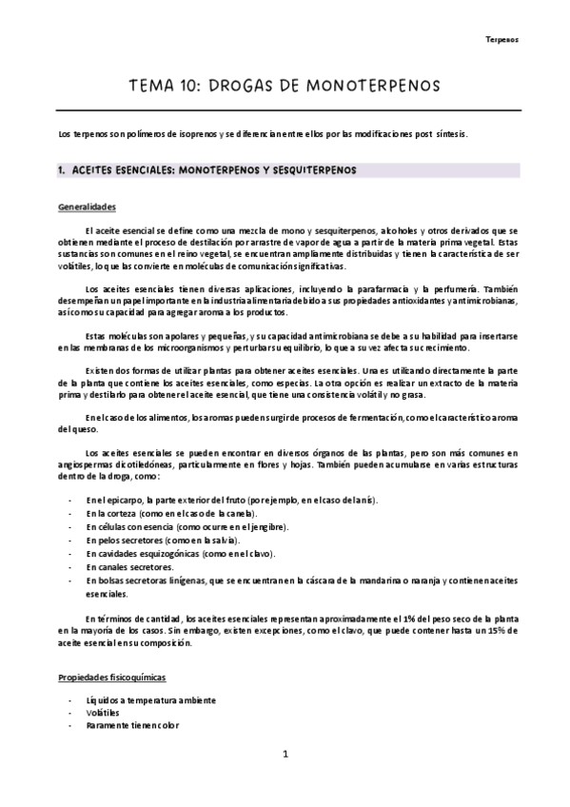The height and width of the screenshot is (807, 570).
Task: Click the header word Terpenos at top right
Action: pos(502,40)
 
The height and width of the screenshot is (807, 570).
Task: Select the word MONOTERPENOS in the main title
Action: pos(374,86)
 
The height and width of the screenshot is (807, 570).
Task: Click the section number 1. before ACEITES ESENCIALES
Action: pos(62,170)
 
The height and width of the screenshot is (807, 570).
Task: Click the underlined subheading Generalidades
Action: pos(87,207)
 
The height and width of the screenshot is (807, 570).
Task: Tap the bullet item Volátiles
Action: pos(102,712)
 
